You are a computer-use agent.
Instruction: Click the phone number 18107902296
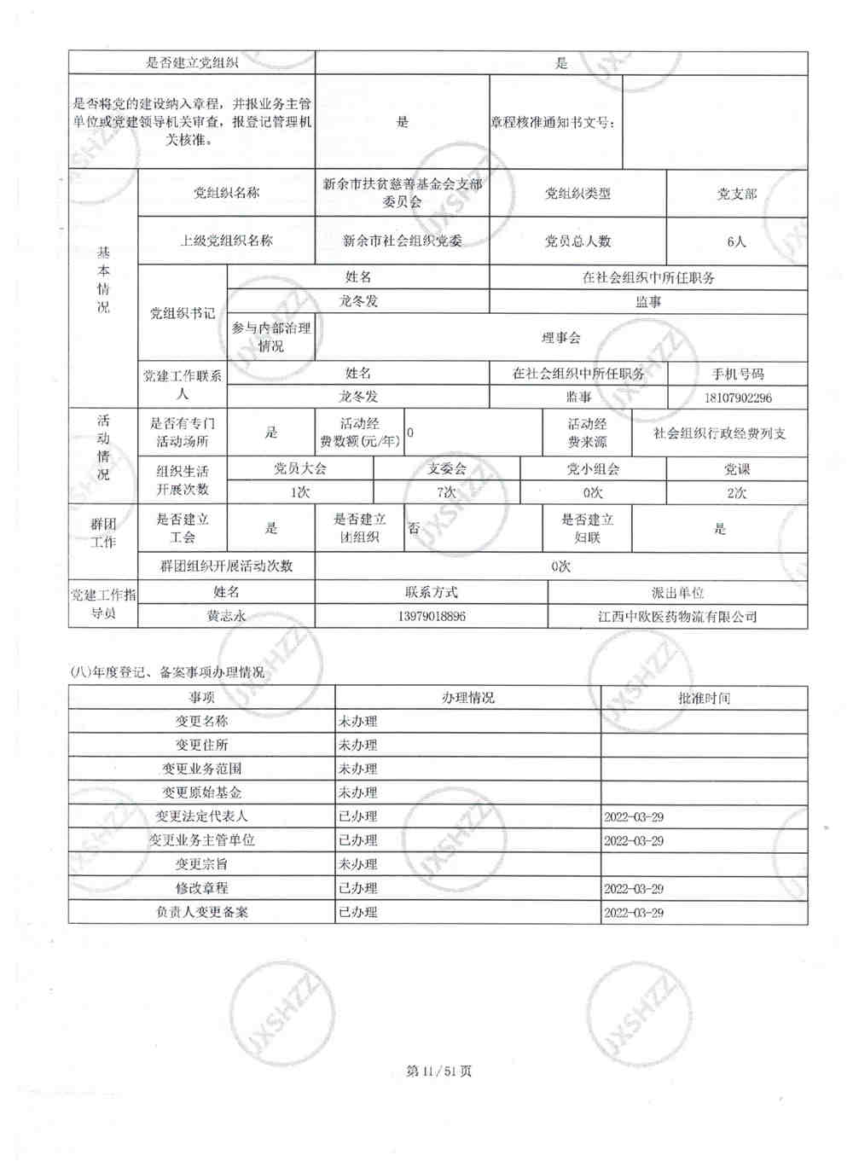[x=738, y=398]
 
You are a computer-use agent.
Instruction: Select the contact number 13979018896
[x=432, y=616]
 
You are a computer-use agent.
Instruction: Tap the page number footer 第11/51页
[x=439, y=1071]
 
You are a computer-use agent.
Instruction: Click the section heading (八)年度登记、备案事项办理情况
[x=167, y=672]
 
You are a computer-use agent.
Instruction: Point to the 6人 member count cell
[x=736, y=241]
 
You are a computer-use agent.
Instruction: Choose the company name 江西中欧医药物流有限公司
[x=677, y=616]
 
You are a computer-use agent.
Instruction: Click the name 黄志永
[x=226, y=616]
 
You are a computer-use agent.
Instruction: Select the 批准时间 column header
[x=704, y=698]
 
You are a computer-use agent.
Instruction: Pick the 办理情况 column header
[x=467, y=698]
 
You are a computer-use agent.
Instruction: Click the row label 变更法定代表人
[x=201, y=816]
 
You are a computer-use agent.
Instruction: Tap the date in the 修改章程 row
[x=634, y=888]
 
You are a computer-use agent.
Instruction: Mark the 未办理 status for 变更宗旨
[x=358, y=864]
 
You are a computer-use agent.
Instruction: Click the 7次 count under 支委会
[x=446, y=492]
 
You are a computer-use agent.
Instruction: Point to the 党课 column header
[x=736, y=469]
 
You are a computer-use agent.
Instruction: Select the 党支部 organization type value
[x=736, y=194]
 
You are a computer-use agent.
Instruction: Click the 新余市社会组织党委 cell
[x=403, y=241]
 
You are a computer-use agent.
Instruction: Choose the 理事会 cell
[x=560, y=338]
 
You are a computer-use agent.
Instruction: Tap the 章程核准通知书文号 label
[x=553, y=122]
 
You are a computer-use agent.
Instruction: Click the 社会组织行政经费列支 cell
[x=719, y=433]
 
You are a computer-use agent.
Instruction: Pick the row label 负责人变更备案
[x=201, y=912]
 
